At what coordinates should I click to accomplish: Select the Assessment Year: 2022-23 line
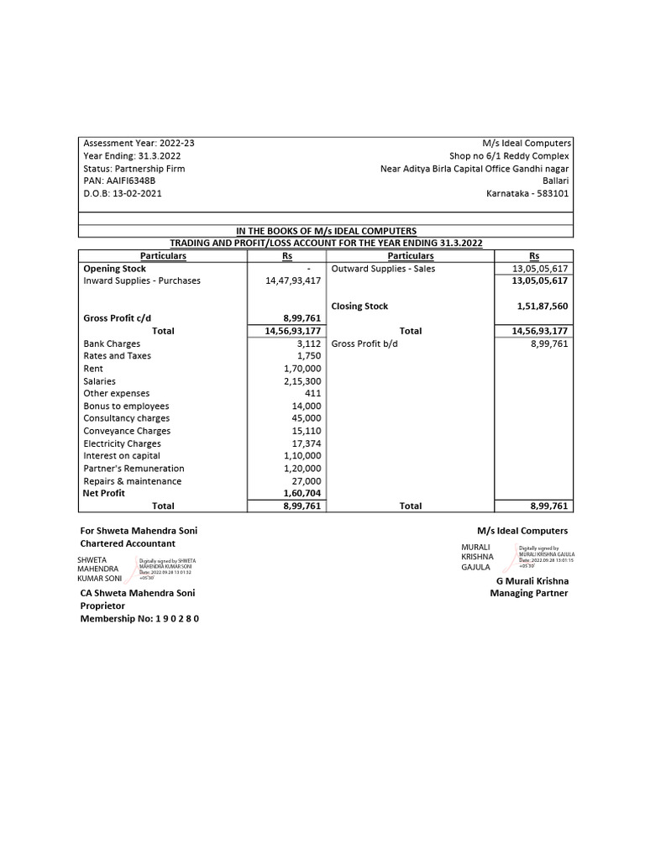click(139, 144)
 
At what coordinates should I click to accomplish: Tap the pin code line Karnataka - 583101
click(527, 193)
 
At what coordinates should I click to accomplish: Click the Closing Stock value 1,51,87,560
click(543, 307)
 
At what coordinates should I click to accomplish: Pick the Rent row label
click(93, 369)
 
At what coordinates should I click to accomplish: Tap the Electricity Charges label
click(122, 443)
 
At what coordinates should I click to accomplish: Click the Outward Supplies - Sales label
click(383, 269)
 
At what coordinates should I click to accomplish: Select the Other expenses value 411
click(313, 393)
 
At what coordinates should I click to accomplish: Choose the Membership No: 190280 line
click(139, 619)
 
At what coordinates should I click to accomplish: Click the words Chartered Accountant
click(128, 543)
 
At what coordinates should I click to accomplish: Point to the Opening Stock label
click(114, 269)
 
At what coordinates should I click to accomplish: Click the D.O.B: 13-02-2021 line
click(123, 193)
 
